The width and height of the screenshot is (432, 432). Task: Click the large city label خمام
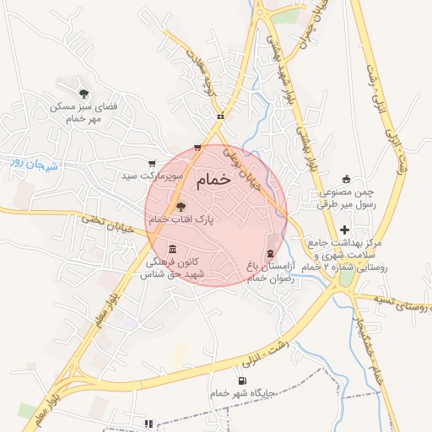[215, 181]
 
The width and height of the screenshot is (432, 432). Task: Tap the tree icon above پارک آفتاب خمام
[181, 206]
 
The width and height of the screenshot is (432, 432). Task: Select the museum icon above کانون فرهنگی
[173, 249]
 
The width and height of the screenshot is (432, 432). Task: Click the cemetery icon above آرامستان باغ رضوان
[270, 253]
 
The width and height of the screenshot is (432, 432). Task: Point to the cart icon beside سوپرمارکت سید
[152, 163]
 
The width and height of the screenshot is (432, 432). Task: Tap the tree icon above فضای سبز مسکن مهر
[83, 94]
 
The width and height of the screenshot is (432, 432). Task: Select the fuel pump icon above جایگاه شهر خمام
[244, 381]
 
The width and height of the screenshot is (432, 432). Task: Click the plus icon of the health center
[344, 230]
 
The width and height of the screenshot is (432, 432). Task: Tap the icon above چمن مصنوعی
[346, 179]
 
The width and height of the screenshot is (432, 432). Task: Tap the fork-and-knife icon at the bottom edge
[149, 424]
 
